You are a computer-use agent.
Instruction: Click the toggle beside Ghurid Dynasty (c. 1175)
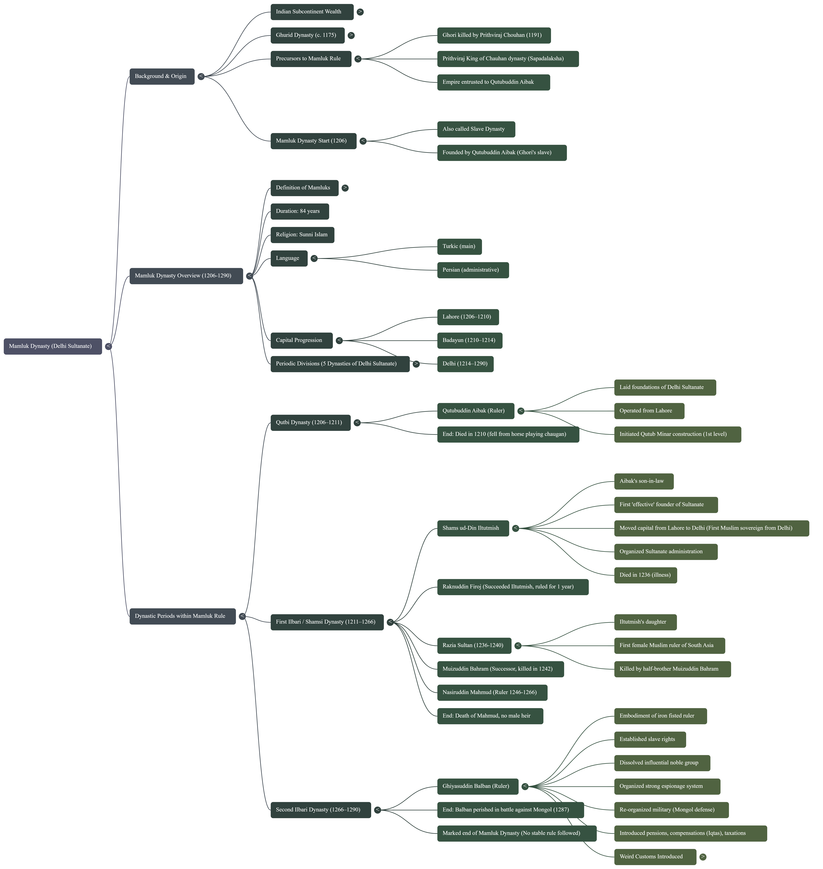pos(351,35)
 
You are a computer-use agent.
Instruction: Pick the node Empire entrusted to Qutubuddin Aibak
pos(493,82)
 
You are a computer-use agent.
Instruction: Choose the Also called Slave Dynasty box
pos(476,129)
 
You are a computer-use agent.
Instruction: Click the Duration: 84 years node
pos(299,211)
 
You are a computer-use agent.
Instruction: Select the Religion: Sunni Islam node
pos(302,235)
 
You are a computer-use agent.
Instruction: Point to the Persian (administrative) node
pos(472,270)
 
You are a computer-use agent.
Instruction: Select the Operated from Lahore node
pos(649,411)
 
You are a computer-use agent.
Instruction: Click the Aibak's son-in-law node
pos(643,481)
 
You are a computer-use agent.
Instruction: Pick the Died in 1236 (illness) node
pos(645,575)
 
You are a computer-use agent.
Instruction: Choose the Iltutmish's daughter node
pos(645,622)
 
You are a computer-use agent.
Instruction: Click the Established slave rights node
pos(649,739)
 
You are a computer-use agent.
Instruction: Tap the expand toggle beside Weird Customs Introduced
pos(703,857)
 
